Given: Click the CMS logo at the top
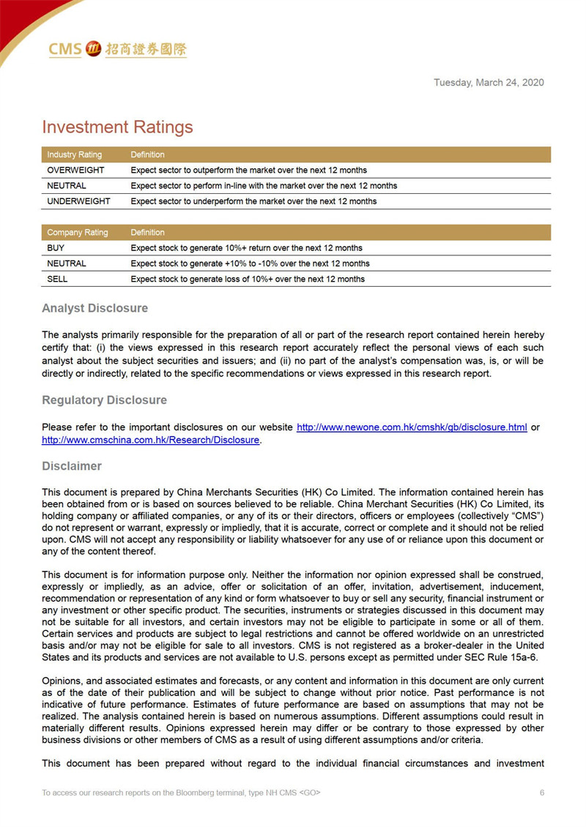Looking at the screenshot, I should coord(117,49).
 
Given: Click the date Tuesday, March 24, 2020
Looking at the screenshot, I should coord(489,83).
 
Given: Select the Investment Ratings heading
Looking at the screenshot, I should coord(117,127).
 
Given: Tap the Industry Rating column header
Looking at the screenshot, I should coord(74,154).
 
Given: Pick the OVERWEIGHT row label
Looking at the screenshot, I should coord(75,171).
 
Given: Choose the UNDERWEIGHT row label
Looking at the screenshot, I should coord(78,201).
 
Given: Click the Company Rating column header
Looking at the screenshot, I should coord(77,233).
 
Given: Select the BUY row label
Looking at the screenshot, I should coord(56,248).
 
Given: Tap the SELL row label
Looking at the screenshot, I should coord(58,279).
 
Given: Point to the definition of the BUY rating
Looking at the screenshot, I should coord(246,248).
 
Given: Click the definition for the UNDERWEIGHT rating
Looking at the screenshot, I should coord(253,201).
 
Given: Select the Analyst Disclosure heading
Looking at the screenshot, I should coord(94,309).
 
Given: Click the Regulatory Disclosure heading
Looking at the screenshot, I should coord(104,400).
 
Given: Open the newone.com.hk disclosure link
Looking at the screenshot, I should coord(412,427).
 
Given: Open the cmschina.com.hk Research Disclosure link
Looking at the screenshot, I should coord(151,441).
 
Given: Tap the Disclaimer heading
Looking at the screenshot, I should coord(72,466).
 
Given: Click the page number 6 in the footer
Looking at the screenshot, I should coord(542,793).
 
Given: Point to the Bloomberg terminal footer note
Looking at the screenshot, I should coord(181,793).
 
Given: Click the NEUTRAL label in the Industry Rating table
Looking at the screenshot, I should coord(67,186).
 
